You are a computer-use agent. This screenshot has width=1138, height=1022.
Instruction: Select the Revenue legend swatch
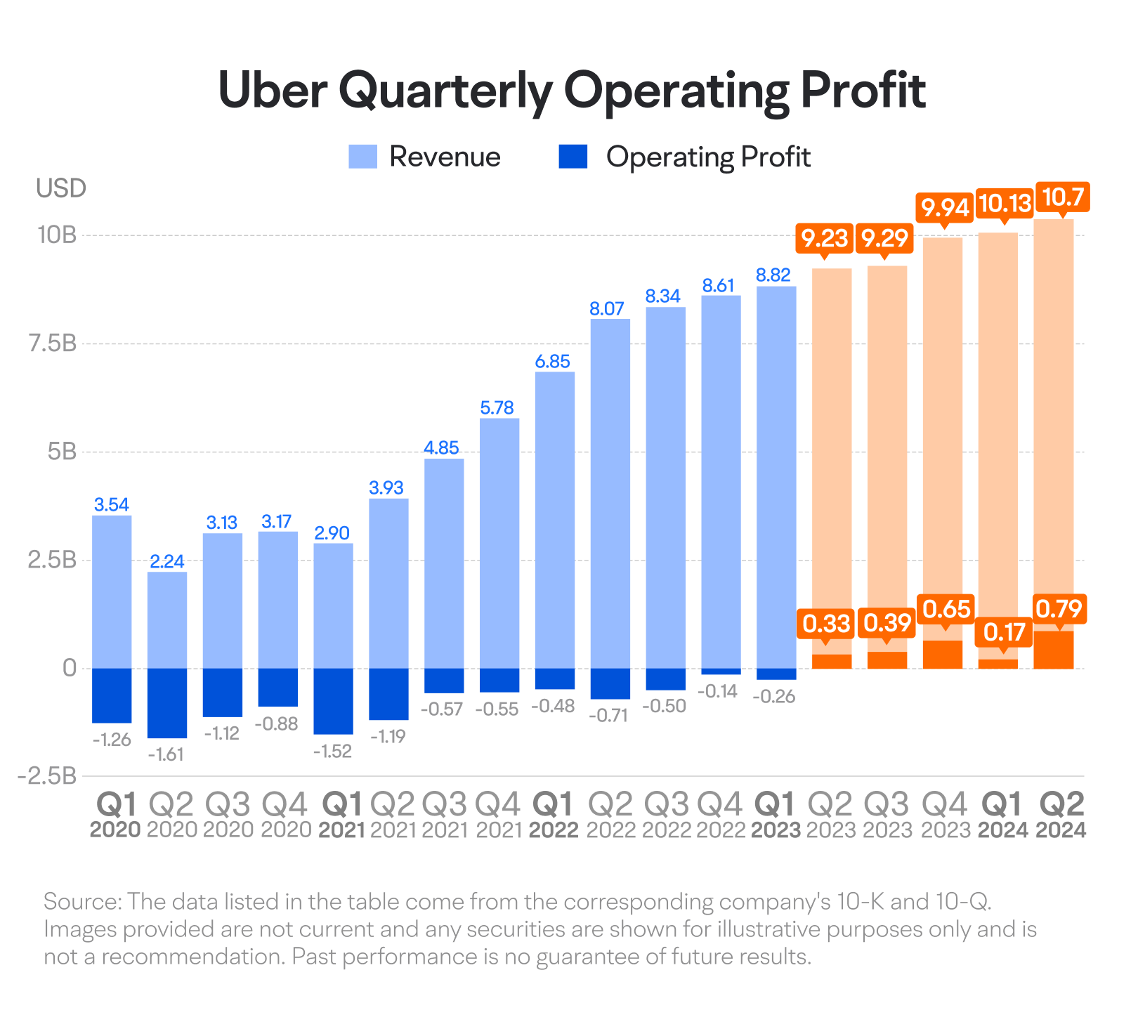[x=362, y=157]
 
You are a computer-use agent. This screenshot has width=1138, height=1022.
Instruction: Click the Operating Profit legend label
[x=708, y=157]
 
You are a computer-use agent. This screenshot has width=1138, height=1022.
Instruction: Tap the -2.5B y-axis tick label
[x=47, y=776]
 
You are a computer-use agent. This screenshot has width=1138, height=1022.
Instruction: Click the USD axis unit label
[x=61, y=188]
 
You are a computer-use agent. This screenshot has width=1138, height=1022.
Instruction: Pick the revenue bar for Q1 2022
[x=555, y=520]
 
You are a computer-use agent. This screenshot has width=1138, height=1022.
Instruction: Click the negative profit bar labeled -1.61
[x=167, y=703]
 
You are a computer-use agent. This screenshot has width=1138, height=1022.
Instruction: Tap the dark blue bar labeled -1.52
[x=333, y=701]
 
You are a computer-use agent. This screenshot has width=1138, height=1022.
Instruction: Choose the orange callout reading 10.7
[x=1062, y=197]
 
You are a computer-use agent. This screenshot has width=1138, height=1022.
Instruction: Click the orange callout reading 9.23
[x=825, y=238]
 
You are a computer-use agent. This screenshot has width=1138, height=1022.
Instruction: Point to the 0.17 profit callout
[x=1004, y=632]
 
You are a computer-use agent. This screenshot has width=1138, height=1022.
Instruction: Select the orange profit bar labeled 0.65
[x=943, y=654]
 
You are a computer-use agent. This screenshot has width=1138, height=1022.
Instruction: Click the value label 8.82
[x=773, y=275]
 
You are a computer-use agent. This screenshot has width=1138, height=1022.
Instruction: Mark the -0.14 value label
[x=717, y=691]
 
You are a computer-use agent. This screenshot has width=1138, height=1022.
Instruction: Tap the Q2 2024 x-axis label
[x=1061, y=815]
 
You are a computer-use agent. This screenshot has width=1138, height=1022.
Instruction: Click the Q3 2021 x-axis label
[x=445, y=815]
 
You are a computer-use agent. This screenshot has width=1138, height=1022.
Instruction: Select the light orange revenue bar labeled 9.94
[x=943, y=421]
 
